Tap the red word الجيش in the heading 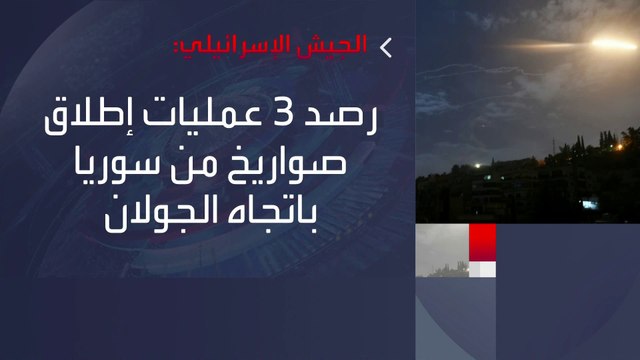pyautogui.click(x=343, y=45)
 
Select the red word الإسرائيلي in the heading pyautogui.click(x=266, y=45)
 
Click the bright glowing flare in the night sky pyautogui.click(x=606, y=42)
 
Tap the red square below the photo pyautogui.click(x=483, y=240)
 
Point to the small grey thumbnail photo pyautogui.click(x=442, y=250)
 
